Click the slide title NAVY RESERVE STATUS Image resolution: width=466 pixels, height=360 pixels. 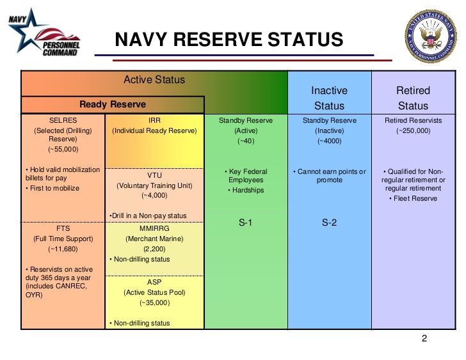pos(229,40)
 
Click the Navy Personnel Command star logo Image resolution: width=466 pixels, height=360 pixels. pos(42,35)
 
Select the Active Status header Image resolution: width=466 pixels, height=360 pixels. pos(154,80)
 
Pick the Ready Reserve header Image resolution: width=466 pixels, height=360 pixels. pos(113,104)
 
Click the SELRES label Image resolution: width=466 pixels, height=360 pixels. pos(63,120)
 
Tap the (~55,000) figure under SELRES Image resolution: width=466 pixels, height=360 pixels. pos(63,150)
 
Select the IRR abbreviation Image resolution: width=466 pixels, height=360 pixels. pos(154,120)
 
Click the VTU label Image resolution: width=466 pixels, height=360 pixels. pos(154,175)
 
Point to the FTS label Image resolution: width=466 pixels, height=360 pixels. pos(63,228)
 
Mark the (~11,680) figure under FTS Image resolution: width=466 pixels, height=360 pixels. pos(63,249)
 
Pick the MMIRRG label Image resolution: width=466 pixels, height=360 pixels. pos(154,228)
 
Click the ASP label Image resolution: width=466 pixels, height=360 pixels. pos(154,282)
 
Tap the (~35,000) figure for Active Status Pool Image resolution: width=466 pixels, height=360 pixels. pos(154,302)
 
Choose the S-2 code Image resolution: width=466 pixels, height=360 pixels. pos(329,223)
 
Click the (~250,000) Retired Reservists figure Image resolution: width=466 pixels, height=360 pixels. pos(413,130)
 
